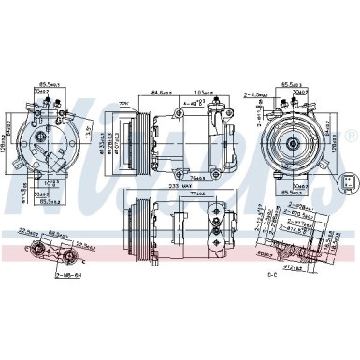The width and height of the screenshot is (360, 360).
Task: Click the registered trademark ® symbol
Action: [x=352, y=137]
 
